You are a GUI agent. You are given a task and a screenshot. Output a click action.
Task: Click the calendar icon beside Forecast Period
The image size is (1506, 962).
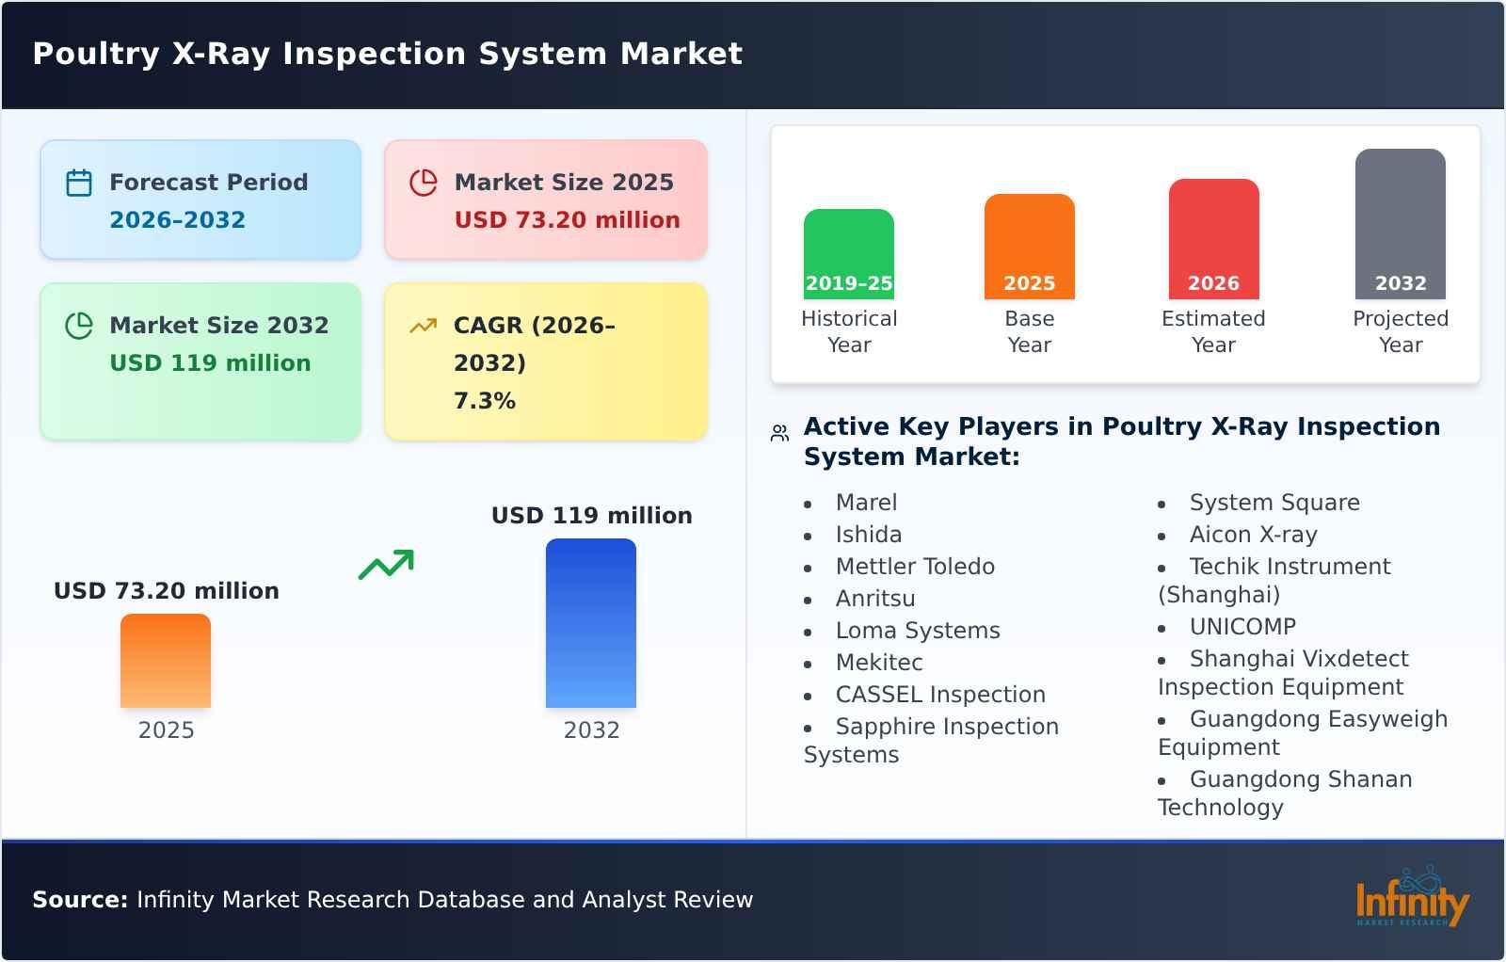[79, 183]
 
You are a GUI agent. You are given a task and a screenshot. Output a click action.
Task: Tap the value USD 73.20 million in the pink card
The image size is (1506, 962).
[567, 220]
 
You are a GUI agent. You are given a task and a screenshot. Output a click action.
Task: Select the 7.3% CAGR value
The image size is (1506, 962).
[484, 401]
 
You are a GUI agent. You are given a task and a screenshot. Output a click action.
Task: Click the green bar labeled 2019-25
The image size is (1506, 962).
[848, 253]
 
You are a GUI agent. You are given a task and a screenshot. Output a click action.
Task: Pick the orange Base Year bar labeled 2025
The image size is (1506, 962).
[1029, 246]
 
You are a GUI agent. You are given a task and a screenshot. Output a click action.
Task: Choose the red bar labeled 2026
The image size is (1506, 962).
[1213, 238]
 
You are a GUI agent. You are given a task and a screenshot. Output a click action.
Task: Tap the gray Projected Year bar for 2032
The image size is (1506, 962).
[1400, 223]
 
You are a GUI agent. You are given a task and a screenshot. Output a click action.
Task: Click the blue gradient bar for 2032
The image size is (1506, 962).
[591, 623]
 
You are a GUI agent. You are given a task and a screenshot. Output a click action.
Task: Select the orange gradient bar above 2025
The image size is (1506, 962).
[166, 661]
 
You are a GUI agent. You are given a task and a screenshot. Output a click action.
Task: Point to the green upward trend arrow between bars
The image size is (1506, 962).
[386, 565]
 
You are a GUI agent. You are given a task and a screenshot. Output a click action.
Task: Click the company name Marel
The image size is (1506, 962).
[866, 503]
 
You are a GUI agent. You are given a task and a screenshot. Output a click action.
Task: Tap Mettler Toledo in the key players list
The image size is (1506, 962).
[915, 567]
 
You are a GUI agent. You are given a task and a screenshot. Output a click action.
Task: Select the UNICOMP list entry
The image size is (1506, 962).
[1242, 627]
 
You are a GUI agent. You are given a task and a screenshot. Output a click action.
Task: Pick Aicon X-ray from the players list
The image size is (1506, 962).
[1253, 535]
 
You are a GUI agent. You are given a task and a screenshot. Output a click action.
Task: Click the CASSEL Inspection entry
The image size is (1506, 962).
[940, 695]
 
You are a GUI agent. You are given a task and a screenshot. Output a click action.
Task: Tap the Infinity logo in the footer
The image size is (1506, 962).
[1411, 899]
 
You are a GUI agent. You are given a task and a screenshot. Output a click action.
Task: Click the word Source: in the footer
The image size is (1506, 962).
[80, 900]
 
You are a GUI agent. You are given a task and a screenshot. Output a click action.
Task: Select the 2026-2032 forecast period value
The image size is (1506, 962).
[177, 220]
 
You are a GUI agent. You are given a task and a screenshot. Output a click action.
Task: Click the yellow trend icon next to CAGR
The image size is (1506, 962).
[423, 326]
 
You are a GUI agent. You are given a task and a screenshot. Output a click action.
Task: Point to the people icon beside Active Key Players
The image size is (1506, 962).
[779, 433]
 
